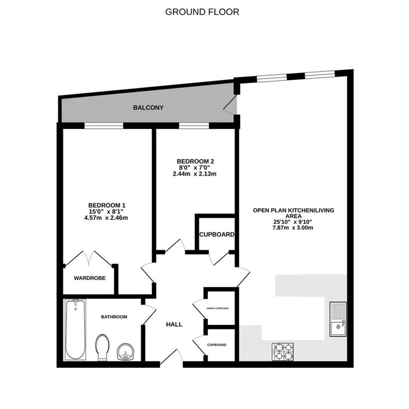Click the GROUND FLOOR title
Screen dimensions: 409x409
[x=202, y=12]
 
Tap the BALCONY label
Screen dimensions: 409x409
[x=148, y=107]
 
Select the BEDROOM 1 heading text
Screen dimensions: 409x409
[x=106, y=205]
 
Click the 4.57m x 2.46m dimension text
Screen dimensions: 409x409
[x=106, y=218]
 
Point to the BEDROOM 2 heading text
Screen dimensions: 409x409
[x=195, y=161]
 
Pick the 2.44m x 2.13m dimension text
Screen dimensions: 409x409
[x=195, y=174]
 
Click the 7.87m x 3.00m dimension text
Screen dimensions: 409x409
[x=293, y=228]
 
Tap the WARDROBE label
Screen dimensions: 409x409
[x=90, y=278]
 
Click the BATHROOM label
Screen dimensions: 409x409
[x=114, y=317]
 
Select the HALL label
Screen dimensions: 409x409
[x=174, y=325]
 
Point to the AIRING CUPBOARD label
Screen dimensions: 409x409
[x=218, y=308]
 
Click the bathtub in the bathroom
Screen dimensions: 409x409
[x=75, y=330]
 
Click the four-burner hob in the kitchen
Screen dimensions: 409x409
[x=283, y=352]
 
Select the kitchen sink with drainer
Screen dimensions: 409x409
[x=338, y=319]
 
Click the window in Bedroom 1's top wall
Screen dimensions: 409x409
[x=103, y=126]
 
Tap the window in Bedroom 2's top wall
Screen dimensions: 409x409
[x=194, y=126]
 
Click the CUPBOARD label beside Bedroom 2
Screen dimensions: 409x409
[x=217, y=235]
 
